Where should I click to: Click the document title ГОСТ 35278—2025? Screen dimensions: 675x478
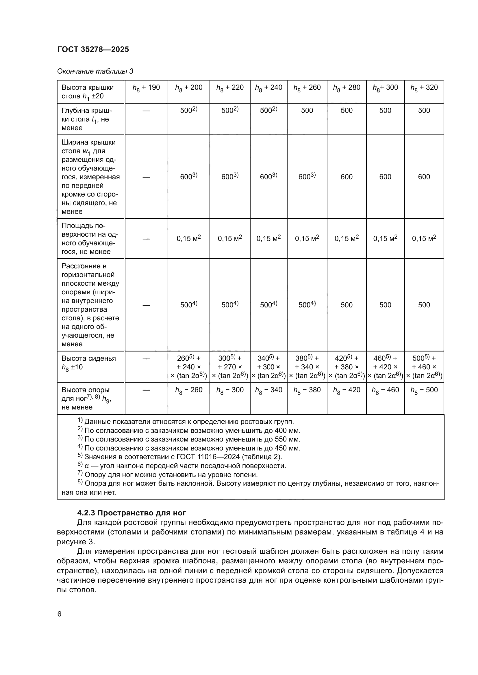[x=93, y=49]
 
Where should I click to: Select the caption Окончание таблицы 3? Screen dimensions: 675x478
[x=95, y=71]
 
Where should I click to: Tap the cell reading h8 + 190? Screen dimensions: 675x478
[x=146, y=88]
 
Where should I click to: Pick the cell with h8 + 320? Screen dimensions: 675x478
[x=424, y=88]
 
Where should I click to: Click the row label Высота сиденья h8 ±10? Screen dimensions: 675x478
[x=88, y=362]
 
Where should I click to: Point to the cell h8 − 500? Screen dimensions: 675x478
[x=424, y=390]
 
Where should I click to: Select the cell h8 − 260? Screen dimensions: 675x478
[x=189, y=390]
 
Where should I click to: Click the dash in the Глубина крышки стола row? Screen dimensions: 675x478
[x=146, y=111]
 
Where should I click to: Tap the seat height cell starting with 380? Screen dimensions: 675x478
[x=307, y=367]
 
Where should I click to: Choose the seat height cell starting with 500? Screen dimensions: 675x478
[x=424, y=367]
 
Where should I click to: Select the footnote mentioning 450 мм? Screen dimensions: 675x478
[x=189, y=448]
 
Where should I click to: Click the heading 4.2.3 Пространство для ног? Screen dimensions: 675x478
[x=131, y=513]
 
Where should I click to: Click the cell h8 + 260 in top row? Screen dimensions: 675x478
[x=307, y=88]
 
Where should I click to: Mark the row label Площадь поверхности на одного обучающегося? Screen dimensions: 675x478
[x=90, y=238]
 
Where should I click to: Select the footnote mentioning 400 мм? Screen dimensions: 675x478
[x=189, y=430]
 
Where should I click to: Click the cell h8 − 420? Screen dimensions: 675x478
[x=347, y=390]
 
